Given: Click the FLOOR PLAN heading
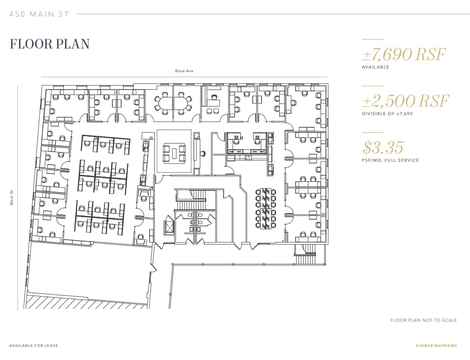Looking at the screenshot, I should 49,44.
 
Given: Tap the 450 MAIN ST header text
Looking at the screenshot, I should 39,14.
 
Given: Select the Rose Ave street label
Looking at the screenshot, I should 184,71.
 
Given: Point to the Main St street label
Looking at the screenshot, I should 12,196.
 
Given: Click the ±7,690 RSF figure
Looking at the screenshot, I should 404,55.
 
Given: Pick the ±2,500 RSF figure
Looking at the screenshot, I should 405,101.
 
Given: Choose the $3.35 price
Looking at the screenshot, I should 383,147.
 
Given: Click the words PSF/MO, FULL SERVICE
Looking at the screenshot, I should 390,160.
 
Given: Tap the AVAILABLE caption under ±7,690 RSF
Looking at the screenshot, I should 375,67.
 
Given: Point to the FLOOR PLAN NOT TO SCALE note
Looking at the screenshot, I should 423,320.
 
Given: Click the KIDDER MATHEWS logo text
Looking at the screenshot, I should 436,346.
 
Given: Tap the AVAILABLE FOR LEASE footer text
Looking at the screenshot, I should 34,346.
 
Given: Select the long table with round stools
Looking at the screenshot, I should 265,208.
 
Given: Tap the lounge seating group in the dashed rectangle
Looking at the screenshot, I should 173,151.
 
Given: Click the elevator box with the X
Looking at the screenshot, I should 168,227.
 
